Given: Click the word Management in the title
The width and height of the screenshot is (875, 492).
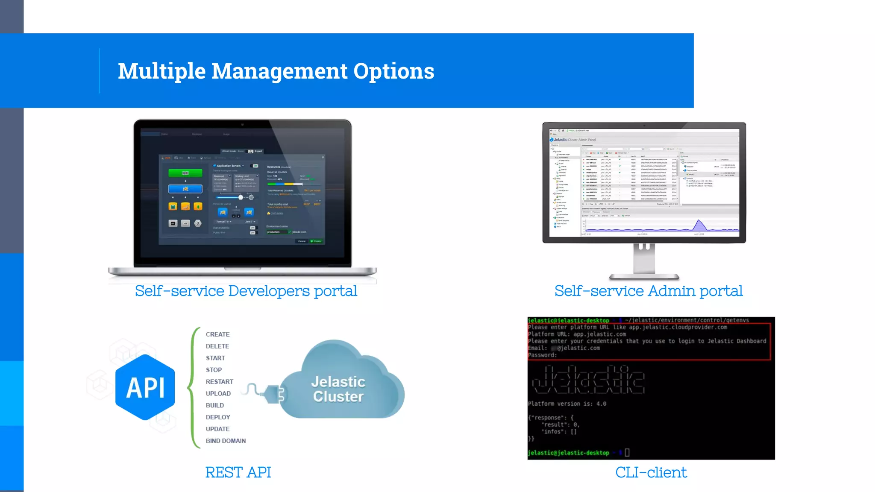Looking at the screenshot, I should [279, 71].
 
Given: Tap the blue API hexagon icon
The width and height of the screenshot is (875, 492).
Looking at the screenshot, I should [145, 387].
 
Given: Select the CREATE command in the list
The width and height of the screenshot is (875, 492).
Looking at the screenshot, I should [217, 334].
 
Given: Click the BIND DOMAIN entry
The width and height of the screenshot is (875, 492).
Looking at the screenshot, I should [226, 441].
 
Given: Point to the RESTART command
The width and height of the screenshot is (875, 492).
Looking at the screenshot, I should [219, 382].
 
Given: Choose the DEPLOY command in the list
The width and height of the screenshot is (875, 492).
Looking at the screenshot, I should [218, 417].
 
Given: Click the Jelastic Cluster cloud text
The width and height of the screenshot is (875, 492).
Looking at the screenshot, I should [338, 389].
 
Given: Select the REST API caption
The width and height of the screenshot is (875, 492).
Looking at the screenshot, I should [238, 472].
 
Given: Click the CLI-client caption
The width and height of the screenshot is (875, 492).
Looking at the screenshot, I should [651, 472].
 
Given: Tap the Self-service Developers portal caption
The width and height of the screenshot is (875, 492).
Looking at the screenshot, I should [246, 291].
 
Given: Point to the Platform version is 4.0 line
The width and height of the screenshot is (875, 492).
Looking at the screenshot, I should [567, 404].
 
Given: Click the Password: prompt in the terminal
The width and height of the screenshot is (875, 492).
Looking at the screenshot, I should [542, 355].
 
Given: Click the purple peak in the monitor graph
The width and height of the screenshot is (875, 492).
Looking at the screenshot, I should [699, 225].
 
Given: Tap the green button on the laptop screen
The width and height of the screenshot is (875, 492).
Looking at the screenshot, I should [185, 173].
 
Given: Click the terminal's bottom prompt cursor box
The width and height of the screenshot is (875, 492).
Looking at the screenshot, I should [627, 452].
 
